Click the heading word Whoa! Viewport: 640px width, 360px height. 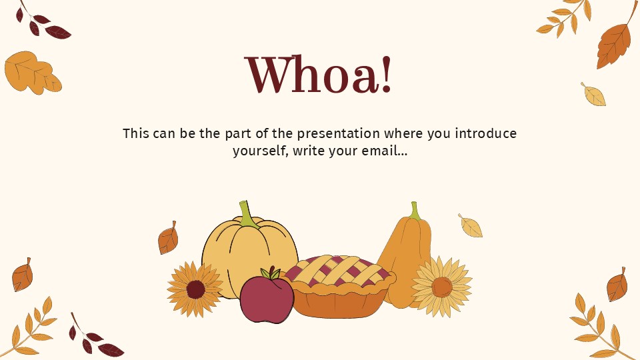tap(319, 75)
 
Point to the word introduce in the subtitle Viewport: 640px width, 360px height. tap(485, 133)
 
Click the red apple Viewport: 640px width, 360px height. tap(266, 299)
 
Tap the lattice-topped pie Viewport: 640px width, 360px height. tap(340, 287)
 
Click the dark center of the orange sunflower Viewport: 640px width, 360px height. tap(195, 289)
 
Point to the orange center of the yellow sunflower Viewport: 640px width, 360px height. tap(441, 287)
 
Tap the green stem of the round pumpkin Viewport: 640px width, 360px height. tap(247, 215)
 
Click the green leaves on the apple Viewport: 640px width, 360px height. tap(271, 273)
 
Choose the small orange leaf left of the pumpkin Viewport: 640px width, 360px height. tap(168, 238)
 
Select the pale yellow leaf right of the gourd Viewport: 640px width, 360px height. tap(471, 227)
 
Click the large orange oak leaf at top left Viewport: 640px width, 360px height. tap(31, 72)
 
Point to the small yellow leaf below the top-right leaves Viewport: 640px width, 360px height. tap(593, 95)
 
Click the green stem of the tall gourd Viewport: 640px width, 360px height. tap(415, 211)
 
